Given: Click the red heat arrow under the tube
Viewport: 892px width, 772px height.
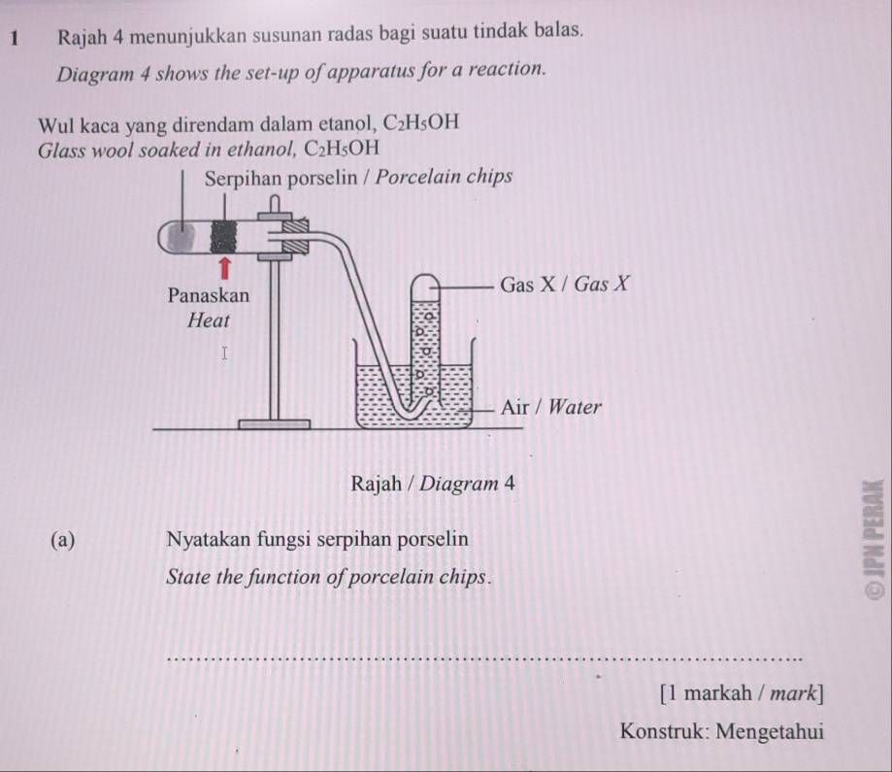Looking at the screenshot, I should point(224,267).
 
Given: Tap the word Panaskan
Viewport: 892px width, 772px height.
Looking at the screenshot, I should point(208,293).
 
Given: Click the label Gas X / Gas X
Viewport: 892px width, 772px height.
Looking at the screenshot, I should point(564,285).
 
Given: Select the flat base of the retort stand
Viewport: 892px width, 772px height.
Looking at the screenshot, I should point(275,422).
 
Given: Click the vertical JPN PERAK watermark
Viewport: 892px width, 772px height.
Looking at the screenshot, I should point(875,540).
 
